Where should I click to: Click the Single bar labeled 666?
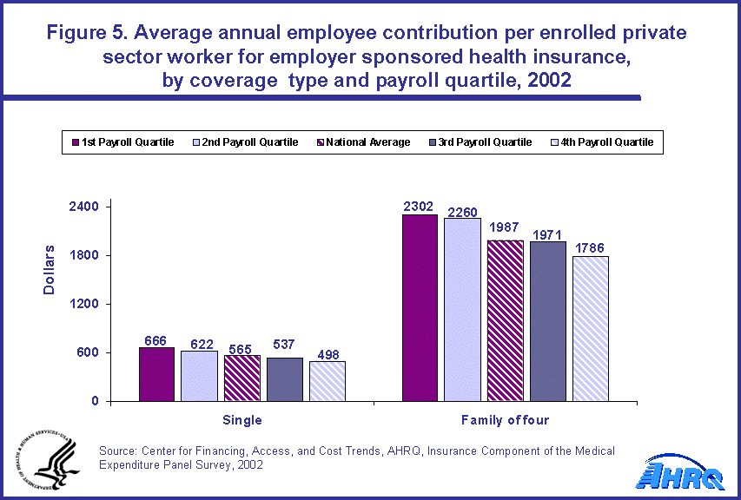tap(156, 374)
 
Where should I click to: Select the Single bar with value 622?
tap(199, 376)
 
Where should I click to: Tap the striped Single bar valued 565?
tap(241, 378)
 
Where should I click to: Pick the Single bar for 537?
tap(284, 379)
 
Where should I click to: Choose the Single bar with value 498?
tap(327, 381)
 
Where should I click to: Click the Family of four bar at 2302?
tap(419, 307)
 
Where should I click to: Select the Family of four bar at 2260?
tap(462, 309)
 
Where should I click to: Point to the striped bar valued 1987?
tap(505, 320)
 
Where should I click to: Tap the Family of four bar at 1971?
tap(547, 321)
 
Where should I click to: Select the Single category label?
tap(242, 420)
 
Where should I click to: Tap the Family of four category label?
tap(505, 420)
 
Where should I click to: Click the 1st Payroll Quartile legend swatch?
tap(76, 142)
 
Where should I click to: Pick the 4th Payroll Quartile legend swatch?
tap(556, 142)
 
